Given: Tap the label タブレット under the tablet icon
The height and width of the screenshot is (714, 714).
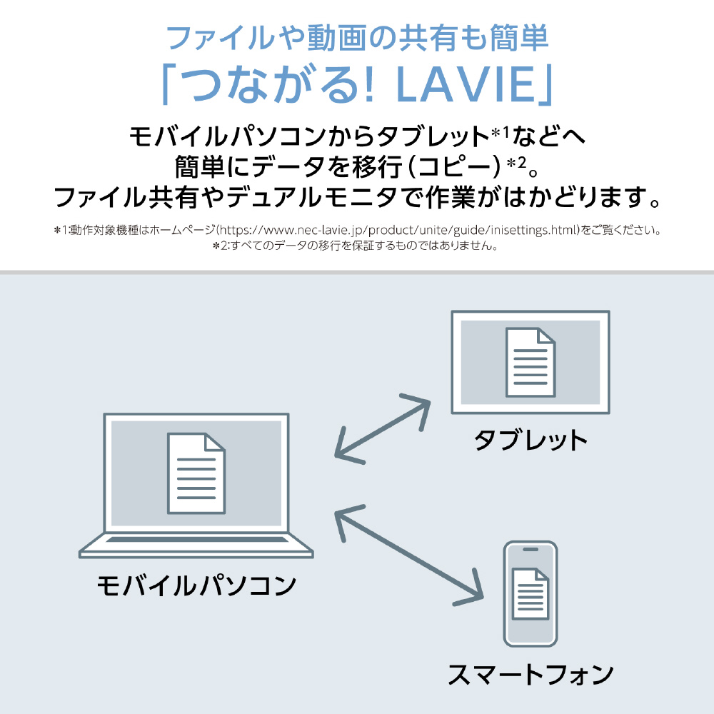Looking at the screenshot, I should [x=531, y=439].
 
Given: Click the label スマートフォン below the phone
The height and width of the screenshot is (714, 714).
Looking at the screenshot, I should [x=531, y=673].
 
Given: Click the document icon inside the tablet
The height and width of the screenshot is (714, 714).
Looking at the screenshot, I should [x=530, y=362].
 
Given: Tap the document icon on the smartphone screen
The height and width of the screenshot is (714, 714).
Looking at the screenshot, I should [x=531, y=594].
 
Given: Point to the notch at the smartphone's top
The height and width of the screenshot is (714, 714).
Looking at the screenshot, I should [x=531, y=550].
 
